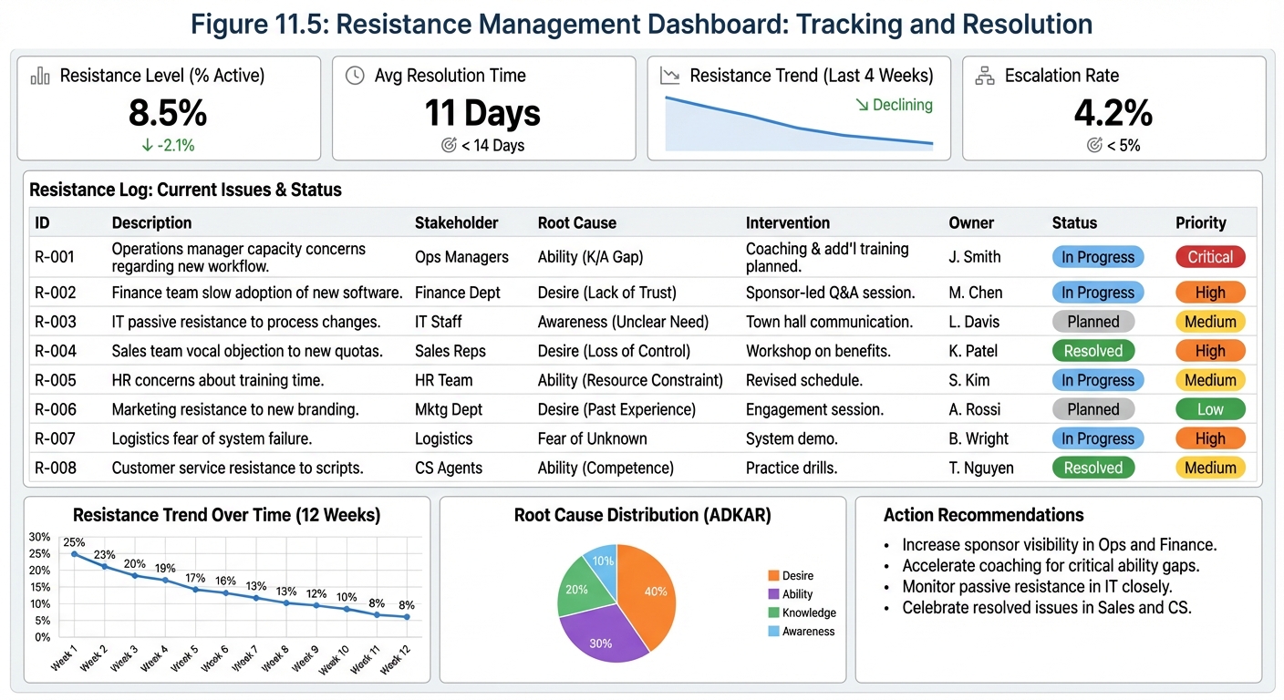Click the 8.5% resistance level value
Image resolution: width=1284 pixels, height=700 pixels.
click(168, 113)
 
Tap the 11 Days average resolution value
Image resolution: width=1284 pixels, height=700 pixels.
click(482, 113)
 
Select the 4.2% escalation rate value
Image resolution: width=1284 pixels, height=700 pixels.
click(1113, 113)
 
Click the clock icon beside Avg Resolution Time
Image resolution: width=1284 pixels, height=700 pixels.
click(355, 76)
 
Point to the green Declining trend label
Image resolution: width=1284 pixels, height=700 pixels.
click(894, 105)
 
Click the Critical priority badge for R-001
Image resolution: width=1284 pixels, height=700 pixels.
click(1209, 257)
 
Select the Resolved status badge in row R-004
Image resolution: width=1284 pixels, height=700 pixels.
click(1092, 351)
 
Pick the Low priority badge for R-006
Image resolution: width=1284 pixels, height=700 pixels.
click(1209, 409)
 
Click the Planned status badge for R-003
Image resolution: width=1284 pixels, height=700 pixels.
click(1092, 322)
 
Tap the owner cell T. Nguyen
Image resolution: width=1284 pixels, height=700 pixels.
click(982, 468)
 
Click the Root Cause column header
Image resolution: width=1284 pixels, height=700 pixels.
click(576, 222)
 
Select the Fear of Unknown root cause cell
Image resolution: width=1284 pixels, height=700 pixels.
click(592, 438)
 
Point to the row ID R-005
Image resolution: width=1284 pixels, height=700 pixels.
click(56, 380)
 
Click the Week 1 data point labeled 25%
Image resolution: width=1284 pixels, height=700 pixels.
click(74, 554)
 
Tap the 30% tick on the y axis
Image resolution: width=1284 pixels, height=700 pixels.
click(39, 537)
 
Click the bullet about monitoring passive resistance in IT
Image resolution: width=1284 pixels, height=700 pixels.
click(1037, 587)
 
